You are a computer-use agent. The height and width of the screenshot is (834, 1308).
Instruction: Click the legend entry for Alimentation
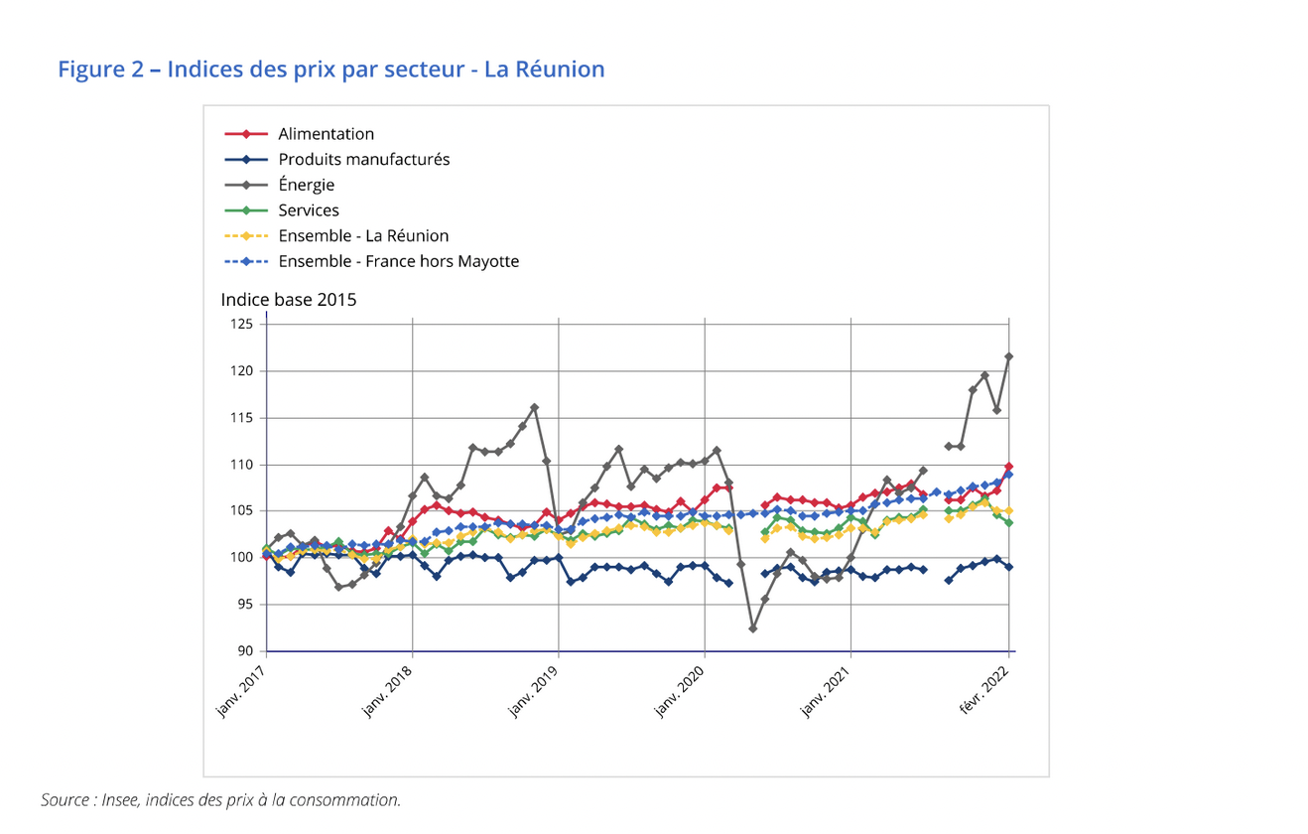point(326,134)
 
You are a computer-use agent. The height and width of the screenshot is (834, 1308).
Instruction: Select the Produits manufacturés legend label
point(363,159)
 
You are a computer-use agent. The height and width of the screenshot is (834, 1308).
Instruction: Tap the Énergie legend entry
point(306,185)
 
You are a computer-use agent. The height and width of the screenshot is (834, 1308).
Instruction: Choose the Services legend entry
point(308,210)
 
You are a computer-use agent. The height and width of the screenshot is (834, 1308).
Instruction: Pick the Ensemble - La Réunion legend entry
point(363,236)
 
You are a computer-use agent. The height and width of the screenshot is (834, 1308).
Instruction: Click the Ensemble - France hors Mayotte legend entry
point(398,261)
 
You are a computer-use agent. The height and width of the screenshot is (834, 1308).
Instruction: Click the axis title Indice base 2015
point(289,300)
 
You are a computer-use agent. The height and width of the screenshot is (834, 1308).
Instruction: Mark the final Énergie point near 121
point(1009,356)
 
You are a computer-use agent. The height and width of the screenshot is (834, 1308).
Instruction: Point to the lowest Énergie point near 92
point(753,628)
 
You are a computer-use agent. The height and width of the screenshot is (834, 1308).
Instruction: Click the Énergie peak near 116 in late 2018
point(534,407)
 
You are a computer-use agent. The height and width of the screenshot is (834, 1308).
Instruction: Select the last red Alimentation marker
point(1009,467)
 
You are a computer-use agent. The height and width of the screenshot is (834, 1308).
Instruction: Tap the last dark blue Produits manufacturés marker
point(1009,567)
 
